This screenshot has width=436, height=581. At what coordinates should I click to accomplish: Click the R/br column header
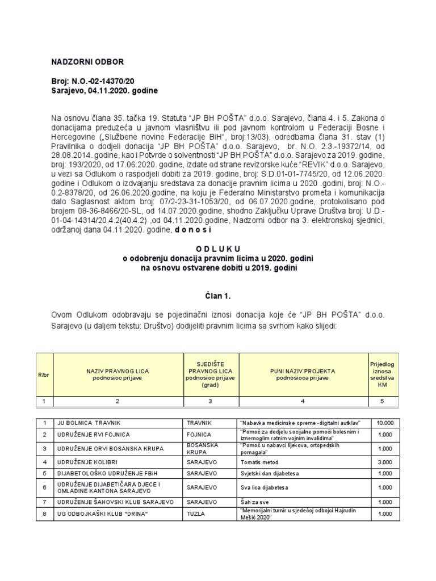[x=43, y=374]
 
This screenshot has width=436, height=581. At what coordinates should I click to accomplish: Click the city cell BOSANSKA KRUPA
[x=203, y=449]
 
